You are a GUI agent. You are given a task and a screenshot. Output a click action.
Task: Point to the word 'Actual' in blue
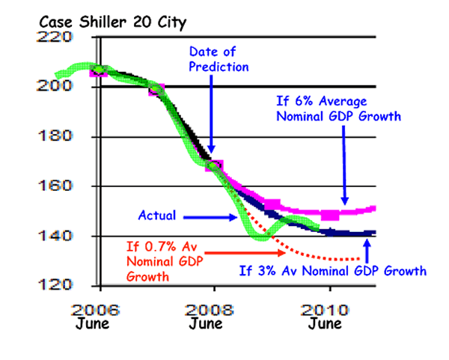point(157,216)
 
